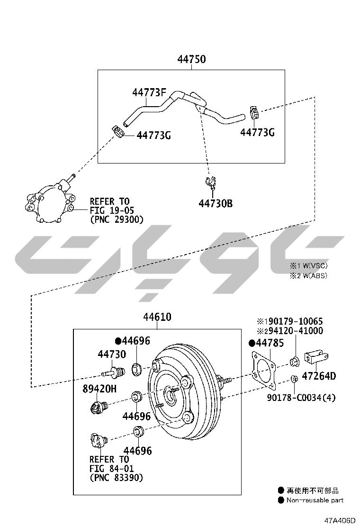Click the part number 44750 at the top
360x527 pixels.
click(x=191, y=59)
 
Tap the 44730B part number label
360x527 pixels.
click(x=216, y=203)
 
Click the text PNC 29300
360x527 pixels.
click(x=117, y=219)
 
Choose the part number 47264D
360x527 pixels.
click(x=319, y=376)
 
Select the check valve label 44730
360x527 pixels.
click(x=112, y=354)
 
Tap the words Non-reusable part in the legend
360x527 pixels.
click(x=315, y=500)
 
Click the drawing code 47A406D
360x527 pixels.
click(x=340, y=520)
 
